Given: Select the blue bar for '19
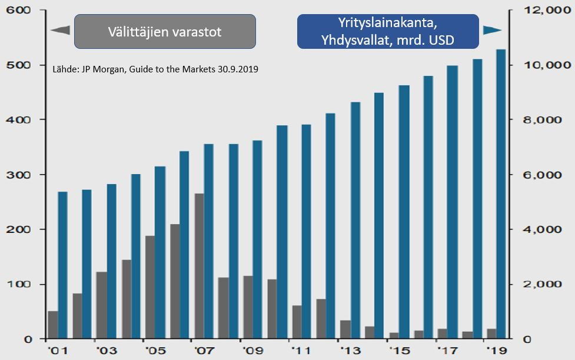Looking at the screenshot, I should pos(501,194).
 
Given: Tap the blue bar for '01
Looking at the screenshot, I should pos(62,265).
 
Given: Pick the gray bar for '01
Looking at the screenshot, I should pos(53,325).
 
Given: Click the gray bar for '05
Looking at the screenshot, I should pos(150,287).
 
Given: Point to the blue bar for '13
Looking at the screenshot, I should pos(355,221).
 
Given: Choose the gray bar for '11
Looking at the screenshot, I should pos(297,322).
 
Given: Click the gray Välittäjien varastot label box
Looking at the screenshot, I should pos(165,32).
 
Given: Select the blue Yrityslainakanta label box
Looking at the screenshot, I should pos(388,32).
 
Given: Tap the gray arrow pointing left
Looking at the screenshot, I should pos(60,31).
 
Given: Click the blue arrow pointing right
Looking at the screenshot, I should pos(492,30).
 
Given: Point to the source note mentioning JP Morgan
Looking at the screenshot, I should pos(155,69).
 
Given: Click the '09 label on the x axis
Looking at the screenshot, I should pos(252,351).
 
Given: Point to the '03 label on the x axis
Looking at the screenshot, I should pos(107,351).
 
